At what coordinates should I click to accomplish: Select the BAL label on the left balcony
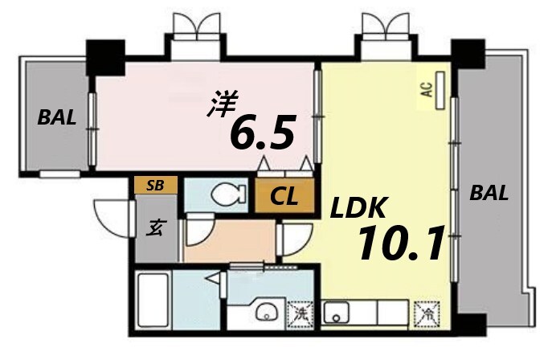[57, 118]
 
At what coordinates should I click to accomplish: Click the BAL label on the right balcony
[489, 193]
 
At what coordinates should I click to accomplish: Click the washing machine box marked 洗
[299, 312]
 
